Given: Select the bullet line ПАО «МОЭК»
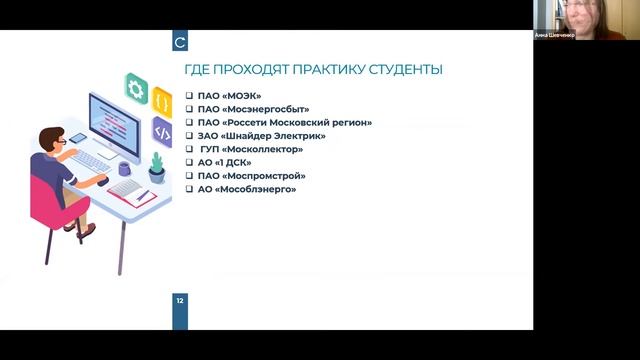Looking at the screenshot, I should (229, 96).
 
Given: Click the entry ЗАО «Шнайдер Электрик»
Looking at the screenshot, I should (261, 136).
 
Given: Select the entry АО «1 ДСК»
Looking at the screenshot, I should (224, 162).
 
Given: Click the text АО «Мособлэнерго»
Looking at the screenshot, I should (246, 189).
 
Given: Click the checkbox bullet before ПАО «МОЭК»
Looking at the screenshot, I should (190, 96).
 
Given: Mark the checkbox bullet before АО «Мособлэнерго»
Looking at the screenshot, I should (190, 189).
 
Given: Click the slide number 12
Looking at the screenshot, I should (179, 300).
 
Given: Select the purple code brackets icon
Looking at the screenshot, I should (161, 130).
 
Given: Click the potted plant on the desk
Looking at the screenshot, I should (156, 165).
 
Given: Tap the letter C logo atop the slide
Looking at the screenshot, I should (179, 43).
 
